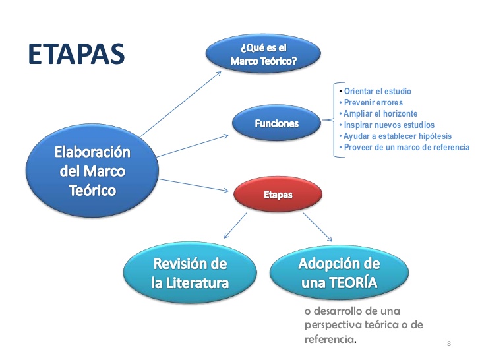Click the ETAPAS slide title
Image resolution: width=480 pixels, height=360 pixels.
76,54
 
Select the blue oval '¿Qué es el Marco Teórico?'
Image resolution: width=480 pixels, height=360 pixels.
263,54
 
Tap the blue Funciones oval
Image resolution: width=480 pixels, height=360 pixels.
276,123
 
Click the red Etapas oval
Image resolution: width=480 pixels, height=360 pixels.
278,195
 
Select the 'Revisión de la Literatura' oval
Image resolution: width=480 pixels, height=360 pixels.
190,274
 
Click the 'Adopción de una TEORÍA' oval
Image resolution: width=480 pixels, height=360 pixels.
339,274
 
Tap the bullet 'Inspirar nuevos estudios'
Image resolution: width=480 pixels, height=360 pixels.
388,125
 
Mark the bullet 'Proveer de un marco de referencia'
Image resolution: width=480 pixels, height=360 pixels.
406,147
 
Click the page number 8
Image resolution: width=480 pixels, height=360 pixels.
449,344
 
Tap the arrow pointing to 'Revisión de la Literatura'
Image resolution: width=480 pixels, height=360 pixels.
235,226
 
